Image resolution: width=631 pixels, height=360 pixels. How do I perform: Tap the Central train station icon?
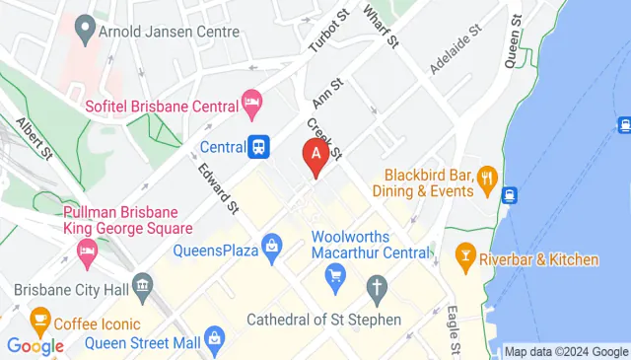point(258,147)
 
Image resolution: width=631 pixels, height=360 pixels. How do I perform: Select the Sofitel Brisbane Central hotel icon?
point(252,103)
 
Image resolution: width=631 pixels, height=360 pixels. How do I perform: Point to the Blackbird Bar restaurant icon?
point(485,178)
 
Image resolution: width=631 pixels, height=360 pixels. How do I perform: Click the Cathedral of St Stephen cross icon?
point(376,289)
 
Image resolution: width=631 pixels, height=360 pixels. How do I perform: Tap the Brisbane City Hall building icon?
point(144,289)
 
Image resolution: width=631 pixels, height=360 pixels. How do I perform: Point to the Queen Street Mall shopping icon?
point(215,342)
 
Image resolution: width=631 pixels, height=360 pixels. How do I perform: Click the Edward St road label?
point(219,187)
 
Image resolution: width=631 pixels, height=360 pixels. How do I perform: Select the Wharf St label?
point(380,27)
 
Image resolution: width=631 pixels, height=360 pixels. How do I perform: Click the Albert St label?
point(34,138)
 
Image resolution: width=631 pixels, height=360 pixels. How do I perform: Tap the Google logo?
point(35,345)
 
